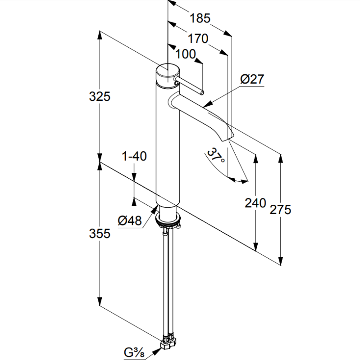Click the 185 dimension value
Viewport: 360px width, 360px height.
point(200,18)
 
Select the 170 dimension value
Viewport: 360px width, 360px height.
point(198,38)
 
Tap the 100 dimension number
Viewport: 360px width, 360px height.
point(186,54)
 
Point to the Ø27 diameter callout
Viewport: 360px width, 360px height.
point(252,79)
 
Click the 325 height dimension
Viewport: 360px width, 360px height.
point(100,96)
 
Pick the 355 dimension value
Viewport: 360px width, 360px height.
point(100,234)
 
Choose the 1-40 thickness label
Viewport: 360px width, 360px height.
point(134,156)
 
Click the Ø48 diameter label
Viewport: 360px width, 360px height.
point(130,220)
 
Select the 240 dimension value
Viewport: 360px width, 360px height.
point(255,203)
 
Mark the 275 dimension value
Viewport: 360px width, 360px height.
point(280,209)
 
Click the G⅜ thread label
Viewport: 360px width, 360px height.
point(134,352)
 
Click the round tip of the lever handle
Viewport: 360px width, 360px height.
point(202,93)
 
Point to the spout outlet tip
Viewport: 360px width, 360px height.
point(228,138)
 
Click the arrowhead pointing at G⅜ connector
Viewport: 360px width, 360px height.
point(157,350)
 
